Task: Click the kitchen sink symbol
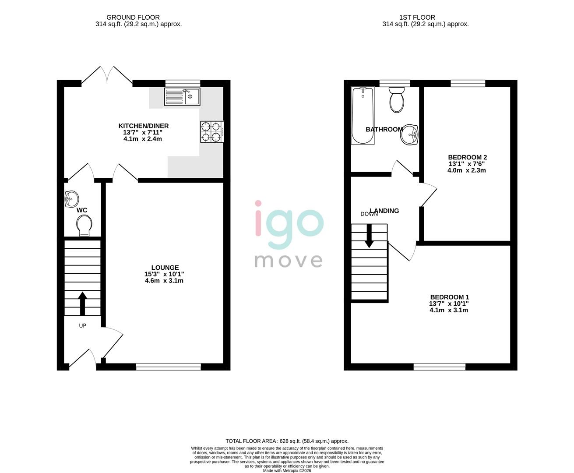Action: [x=182, y=96]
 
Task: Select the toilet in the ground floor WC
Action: [x=83, y=226]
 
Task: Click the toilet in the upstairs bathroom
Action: [x=397, y=100]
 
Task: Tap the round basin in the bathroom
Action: [x=409, y=134]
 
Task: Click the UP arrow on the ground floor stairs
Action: [x=82, y=304]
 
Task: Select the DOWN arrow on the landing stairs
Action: [x=370, y=236]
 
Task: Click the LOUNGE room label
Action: [x=165, y=268]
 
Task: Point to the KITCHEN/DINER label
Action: [x=146, y=126]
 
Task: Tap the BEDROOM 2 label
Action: [x=467, y=157]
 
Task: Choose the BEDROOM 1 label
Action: [x=449, y=297]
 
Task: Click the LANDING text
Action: [x=384, y=211]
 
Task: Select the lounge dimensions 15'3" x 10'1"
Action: [x=164, y=274]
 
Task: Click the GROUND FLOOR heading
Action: [x=139, y=18]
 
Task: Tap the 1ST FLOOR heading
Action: [x=417, y=18]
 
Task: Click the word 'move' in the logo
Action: [x=289, y=260]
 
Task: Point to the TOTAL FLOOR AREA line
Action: [x=287, y=441]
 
